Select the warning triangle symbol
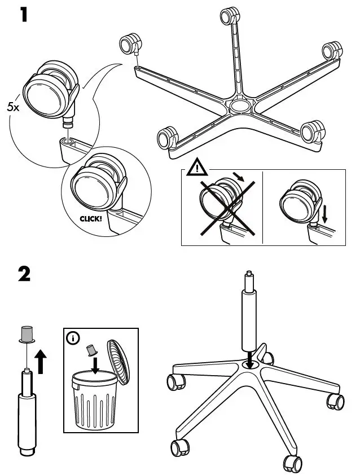[197, 168]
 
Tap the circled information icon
[73, 338]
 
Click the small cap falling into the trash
[89, 350]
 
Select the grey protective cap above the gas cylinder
[26, 334]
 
